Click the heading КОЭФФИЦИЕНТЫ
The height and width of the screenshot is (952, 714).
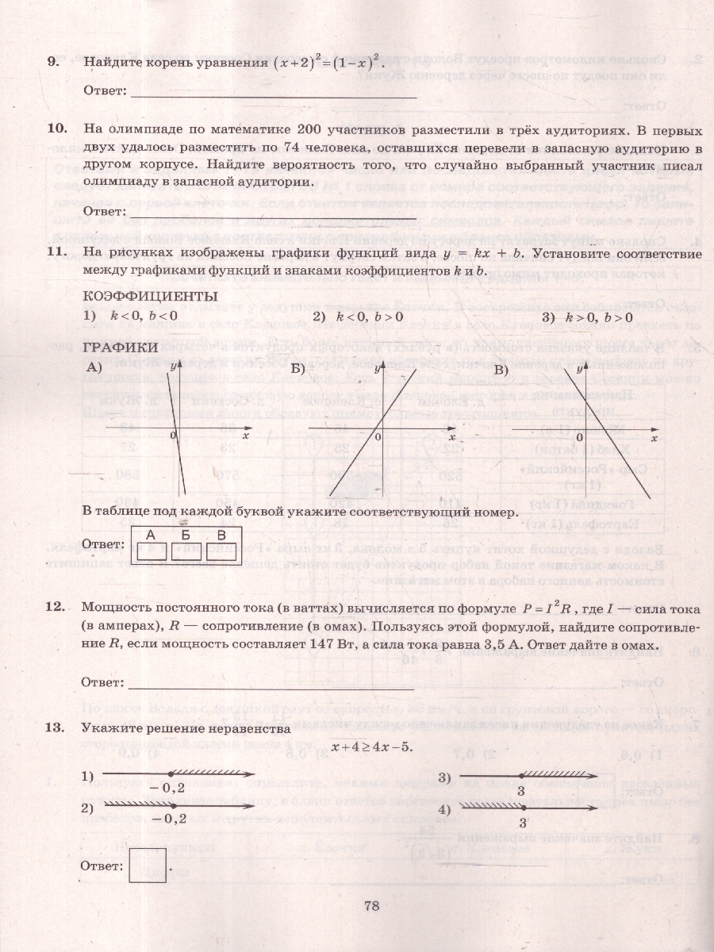150,296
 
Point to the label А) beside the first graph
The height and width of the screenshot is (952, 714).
96,367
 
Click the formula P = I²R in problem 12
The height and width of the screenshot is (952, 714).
559,608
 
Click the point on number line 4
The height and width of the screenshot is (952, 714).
523,808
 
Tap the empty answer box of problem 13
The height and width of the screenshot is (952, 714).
147,865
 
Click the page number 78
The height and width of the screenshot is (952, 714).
373,906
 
